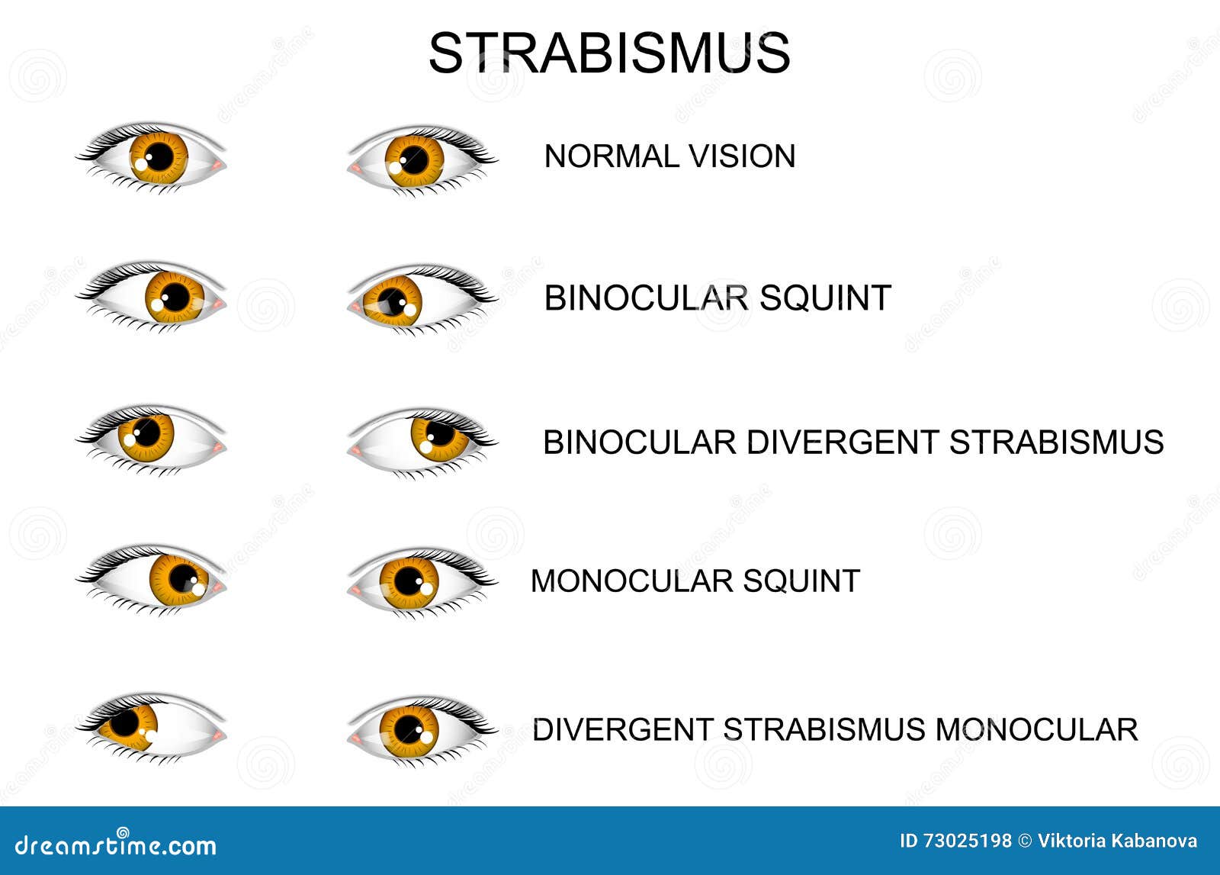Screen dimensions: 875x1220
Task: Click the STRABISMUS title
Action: pos(608,53)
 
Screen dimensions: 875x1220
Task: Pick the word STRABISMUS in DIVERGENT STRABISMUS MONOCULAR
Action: pos(823,730)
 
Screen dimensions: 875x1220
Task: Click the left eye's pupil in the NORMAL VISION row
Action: pos(159,157)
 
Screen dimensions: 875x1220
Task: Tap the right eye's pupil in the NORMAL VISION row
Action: pos(415,159)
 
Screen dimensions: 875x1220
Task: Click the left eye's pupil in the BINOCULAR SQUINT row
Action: pos(175,297)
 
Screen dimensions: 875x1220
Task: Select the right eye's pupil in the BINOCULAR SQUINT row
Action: pos(393,301)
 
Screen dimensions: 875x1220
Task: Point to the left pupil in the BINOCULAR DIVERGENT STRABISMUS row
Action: pos(146,433)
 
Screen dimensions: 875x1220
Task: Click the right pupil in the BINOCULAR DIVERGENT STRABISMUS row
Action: pos(440,433)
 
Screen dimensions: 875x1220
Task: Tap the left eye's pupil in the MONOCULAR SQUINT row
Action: pos(183,578)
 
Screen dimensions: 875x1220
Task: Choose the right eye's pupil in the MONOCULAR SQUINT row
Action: pos(409,582)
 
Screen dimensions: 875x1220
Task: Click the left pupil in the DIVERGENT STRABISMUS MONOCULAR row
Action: pos(124,722)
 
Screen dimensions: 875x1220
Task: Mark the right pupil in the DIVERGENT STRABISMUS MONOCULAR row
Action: pos(409,729)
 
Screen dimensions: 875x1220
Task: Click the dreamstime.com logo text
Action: pos(116,844)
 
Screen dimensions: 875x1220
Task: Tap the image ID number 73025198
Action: pos(967,841)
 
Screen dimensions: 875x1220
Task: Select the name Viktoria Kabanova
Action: pos(1117,841)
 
